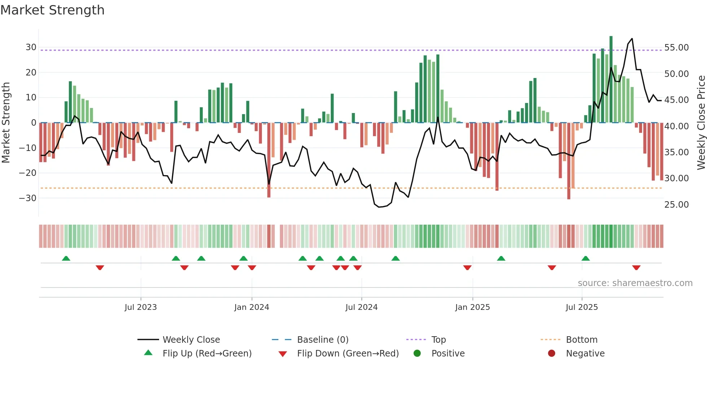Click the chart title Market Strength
[52, 10]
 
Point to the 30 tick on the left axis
[31, 47]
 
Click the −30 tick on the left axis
[28, 198]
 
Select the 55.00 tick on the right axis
[676, 48]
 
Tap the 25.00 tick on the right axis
[676, 205]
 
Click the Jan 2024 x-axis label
[251, 307]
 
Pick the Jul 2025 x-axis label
[581, 307]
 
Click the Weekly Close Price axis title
[701, 123]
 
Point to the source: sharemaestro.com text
[635, 283]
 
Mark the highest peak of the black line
[632, 39]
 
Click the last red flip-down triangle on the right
[636, 268]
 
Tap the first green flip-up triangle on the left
[66, 259]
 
